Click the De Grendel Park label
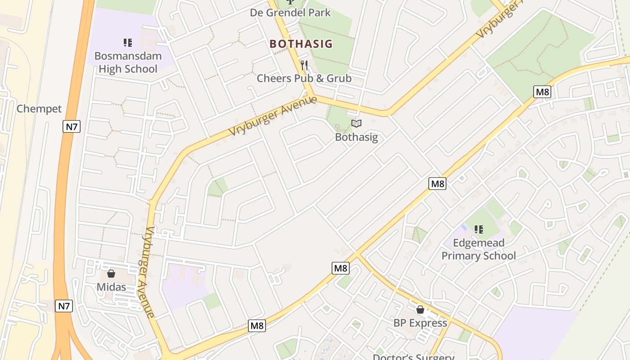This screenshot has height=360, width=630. [290, 13]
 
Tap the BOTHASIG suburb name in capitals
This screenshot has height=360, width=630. [301, 44]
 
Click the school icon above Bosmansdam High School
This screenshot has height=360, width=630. [128, 43]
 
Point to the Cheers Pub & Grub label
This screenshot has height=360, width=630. [304, 78]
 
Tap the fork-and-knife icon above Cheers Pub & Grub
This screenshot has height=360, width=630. [304, 66]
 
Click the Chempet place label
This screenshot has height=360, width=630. [39, 109]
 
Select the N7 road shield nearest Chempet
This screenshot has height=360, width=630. [72, 126]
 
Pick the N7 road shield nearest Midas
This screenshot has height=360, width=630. [64, 306]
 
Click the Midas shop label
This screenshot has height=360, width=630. [111, 287]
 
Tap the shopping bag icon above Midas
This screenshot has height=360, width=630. [111, 274]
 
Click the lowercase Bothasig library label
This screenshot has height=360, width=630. [356, 137]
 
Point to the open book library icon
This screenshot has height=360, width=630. [356, 123]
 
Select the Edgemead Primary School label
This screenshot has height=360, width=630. [478, 249]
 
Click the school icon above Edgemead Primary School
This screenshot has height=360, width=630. [479, 230]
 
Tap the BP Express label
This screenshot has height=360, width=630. [420, 323]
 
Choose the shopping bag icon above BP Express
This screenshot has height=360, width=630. [420, 310]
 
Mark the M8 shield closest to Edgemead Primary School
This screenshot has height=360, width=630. [437, 184]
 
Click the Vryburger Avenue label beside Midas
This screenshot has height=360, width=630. [150, 272]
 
